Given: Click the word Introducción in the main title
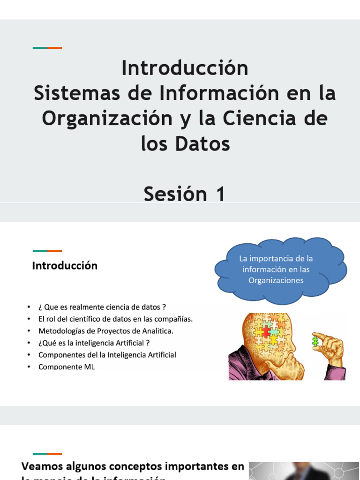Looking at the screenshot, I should [x=185, y=68].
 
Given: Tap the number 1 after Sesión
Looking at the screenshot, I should [x=219, y=194].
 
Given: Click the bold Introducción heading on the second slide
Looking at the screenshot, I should [x=65, y=266].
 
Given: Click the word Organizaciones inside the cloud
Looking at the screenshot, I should [x=276, y=280].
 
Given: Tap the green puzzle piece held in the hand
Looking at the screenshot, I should [x=316, y=341].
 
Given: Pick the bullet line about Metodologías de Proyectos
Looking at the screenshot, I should [x=106, y=331].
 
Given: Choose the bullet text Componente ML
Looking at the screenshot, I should [x=67, y=367].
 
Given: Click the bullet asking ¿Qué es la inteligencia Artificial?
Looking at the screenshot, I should [x=97, y=343].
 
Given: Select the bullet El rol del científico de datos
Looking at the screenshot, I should [x=115, y=319].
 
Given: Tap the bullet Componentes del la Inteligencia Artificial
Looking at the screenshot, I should [x=107, y=355].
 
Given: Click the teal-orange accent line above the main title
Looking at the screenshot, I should [x=47, y=48].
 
